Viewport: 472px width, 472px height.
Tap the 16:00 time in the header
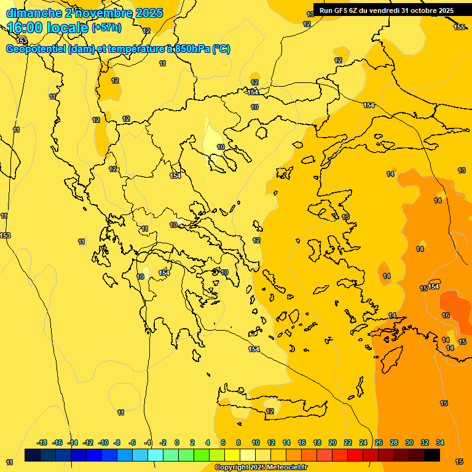click(25, 28)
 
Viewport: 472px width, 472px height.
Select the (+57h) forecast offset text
click(106, 28)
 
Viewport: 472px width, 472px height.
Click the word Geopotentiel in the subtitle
click(36, 49)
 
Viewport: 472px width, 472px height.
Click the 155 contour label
click(459, 27)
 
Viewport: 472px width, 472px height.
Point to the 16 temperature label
click(446, 315)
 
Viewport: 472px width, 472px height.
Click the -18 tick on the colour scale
click(42, 442)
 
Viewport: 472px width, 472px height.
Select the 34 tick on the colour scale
click(440, 442)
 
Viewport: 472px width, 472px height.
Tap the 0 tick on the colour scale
click(177, 442)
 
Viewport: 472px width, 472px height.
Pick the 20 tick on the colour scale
click(332, 442)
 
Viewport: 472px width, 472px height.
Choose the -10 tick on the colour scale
click(103, 442)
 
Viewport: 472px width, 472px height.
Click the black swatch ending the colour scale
click(432, 455)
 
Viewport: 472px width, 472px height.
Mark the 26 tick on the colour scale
click(379, 442)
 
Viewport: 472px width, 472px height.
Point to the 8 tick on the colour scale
click(238, 442)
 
